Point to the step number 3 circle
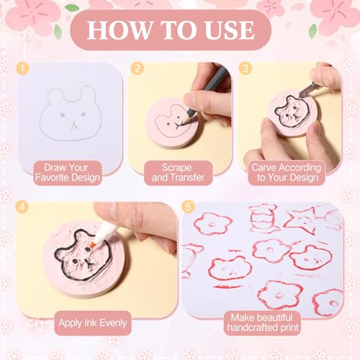(x=246, y=68)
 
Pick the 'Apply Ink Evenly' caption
(x=93, y=323)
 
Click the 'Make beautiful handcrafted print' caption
(x=261, y=323)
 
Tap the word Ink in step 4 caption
(x=87, y=323)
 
